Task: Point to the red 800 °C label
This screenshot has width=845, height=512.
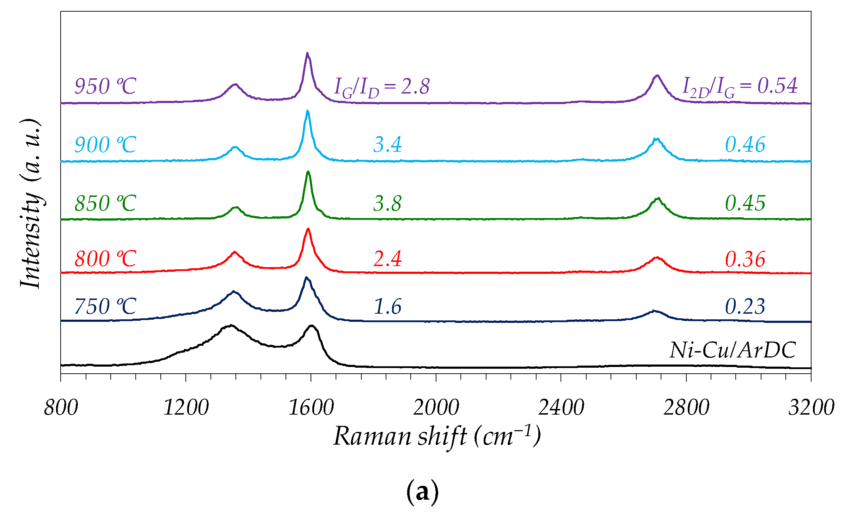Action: pos(105,259)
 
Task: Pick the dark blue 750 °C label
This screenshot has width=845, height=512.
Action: pos(105,306)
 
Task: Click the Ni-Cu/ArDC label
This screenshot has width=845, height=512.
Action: pos(733,350)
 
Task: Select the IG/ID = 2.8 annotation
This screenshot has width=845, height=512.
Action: pos(382,86)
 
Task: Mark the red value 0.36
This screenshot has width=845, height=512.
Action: pos(745,259)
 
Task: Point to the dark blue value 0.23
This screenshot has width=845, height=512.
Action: pos(745,306)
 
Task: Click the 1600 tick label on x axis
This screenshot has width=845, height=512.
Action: pos(311,408)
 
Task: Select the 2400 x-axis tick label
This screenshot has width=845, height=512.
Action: pos(561,408)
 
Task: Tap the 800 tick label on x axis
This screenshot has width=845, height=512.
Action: pos(61,408)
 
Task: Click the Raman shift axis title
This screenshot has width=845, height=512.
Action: pos(437,436)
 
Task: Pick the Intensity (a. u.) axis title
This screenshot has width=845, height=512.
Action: pos(31,204)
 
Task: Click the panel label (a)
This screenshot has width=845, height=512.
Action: pos(422,492)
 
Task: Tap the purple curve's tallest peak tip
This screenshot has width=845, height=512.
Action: pos(307,54)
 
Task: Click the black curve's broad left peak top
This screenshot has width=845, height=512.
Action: pos(231,325)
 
